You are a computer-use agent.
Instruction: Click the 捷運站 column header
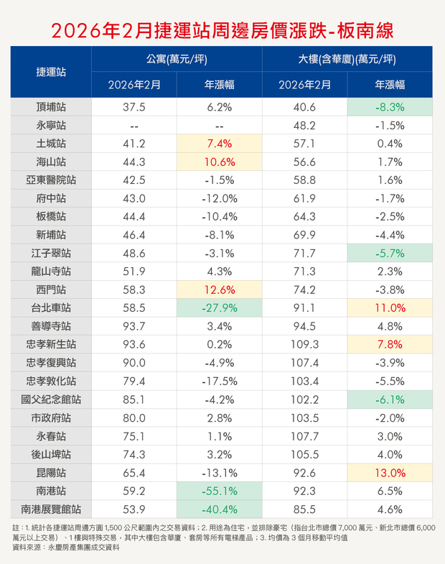pyautogui.click(x=51, y=72)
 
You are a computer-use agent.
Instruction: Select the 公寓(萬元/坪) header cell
pyautogui.click(x=177, y=59)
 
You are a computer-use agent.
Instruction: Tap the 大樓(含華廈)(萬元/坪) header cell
pyautogui.click(x=347, y=59)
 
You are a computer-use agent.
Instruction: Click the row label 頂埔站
pyautogui.click(x=51, y=107)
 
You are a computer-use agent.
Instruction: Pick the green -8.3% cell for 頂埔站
pyautogui.click(x=390, y=107)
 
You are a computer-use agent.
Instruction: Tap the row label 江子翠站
pyautogui.click(x=51, y=253)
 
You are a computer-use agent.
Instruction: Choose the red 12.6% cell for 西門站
pyautogui.click(x=219, y=290)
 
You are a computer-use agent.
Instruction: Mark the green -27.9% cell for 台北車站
pyautogui.click(x=219, y=308)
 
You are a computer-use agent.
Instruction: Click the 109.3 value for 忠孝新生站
pyautogui.click(x=304, y=344)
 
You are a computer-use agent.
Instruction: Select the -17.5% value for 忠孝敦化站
pyautogui.click(x=219, y=381)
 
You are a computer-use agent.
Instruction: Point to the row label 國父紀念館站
pyautogui.click(x=51, y=399)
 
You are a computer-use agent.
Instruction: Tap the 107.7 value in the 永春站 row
pyautogui.click(x=304, y=435)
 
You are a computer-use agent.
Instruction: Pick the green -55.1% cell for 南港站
pyautogui.click(x=219, y=491)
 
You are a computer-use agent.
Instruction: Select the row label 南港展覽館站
pyautogui.click(x=51, y=509)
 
